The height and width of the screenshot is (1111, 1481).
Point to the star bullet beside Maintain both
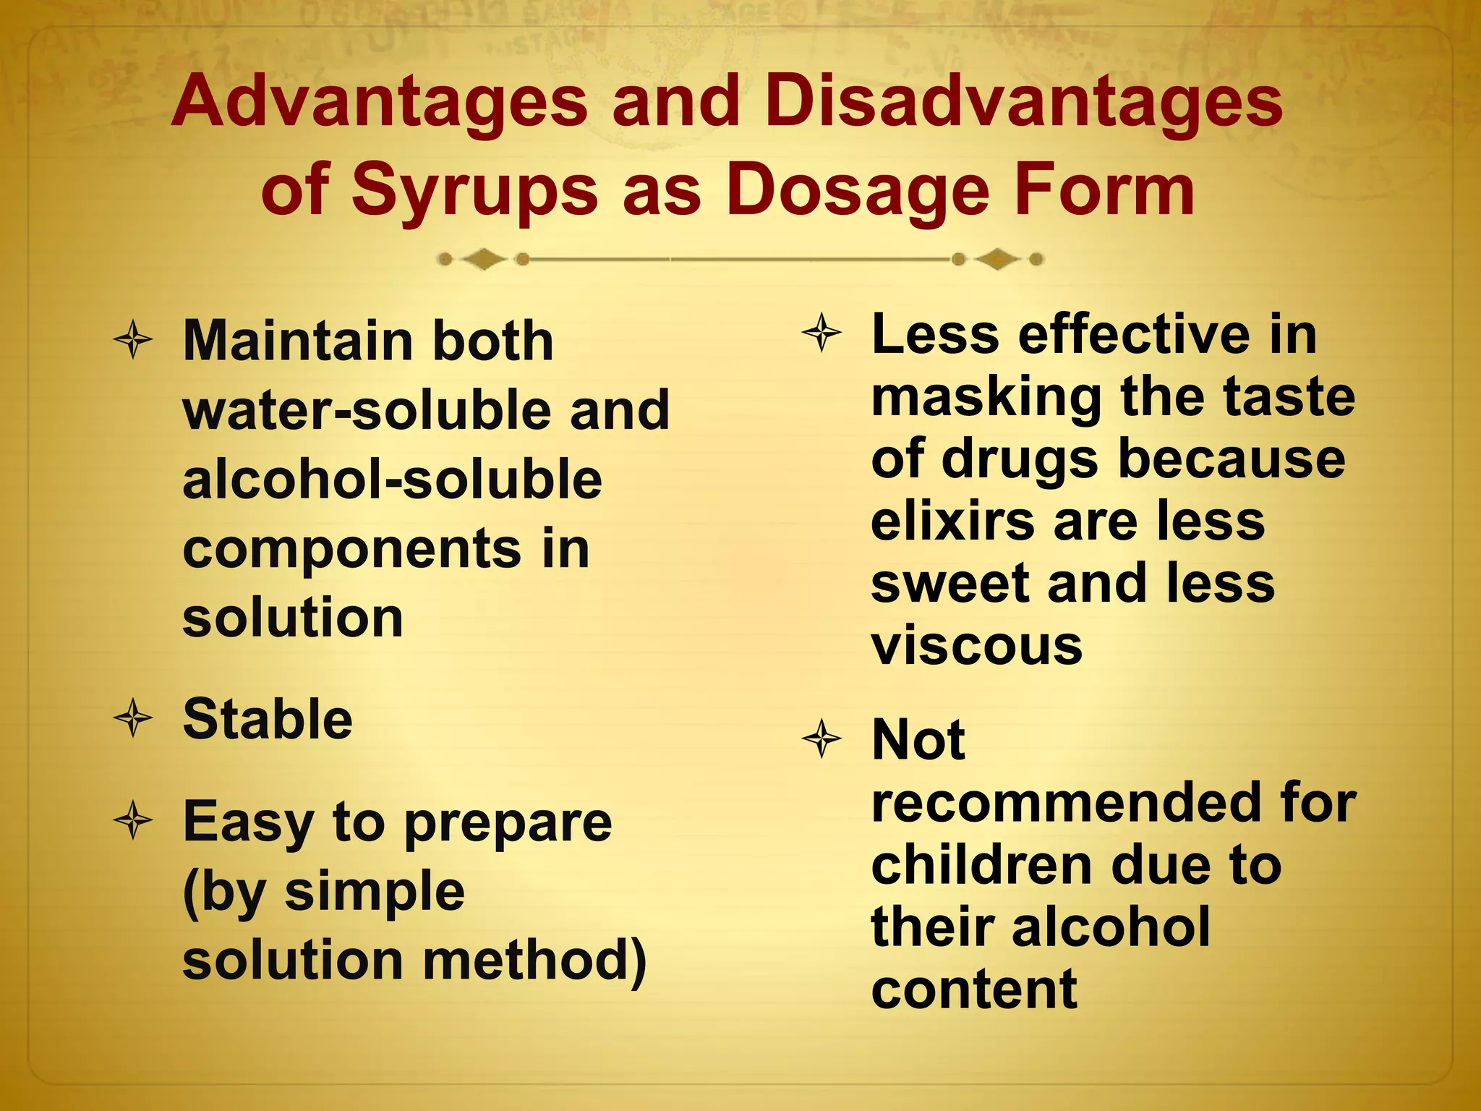pyautogui.click(x=133, y=339)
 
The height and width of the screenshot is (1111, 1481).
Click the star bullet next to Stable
pyautogui.click(x=133, y=719)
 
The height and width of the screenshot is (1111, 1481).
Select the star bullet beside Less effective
pyautogui.click(x=822, y=333)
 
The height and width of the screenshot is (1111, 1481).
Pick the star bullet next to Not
pyautogui.click(x=822, y=739)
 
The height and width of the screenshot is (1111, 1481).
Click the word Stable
pyautogui.click(x=268, y=719)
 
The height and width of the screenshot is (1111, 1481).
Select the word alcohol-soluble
pyautogui.click(x=392, y=480)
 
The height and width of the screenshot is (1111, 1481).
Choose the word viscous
pyautogui.click(x=977, y=645)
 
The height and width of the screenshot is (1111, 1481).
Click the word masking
pyautogui.click(x=985, y=397)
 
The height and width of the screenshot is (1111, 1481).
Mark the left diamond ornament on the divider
pyautogui.click(x=483, y=259)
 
